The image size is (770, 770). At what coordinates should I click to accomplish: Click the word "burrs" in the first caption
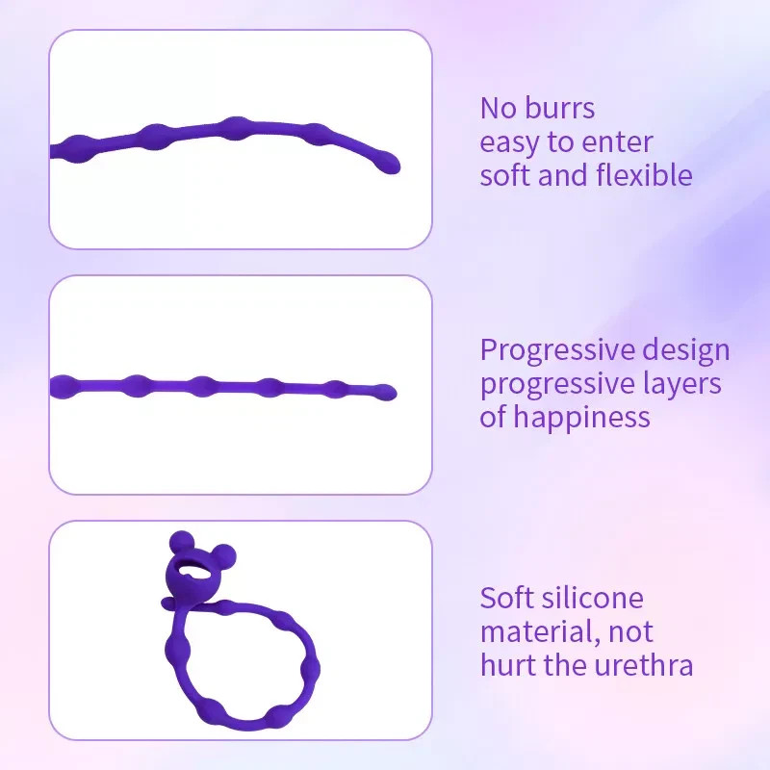tap(559, 108)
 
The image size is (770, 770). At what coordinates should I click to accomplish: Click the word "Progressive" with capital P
tap(557, 351)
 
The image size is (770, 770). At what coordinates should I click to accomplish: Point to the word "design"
tap(686, 350)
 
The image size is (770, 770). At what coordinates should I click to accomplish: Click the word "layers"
tap(682, 384)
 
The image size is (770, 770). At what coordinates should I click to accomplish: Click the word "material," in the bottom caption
tap(540, 632)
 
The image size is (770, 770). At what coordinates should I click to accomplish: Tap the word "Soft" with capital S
tap(505, 598)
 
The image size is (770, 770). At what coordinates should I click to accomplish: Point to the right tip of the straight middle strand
tap(392, 392)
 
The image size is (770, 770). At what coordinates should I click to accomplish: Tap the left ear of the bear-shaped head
tap(181, 541)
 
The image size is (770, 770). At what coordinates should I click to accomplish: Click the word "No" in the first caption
tap(499, 108)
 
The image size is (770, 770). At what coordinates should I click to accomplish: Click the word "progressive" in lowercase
tap(558, 384)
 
